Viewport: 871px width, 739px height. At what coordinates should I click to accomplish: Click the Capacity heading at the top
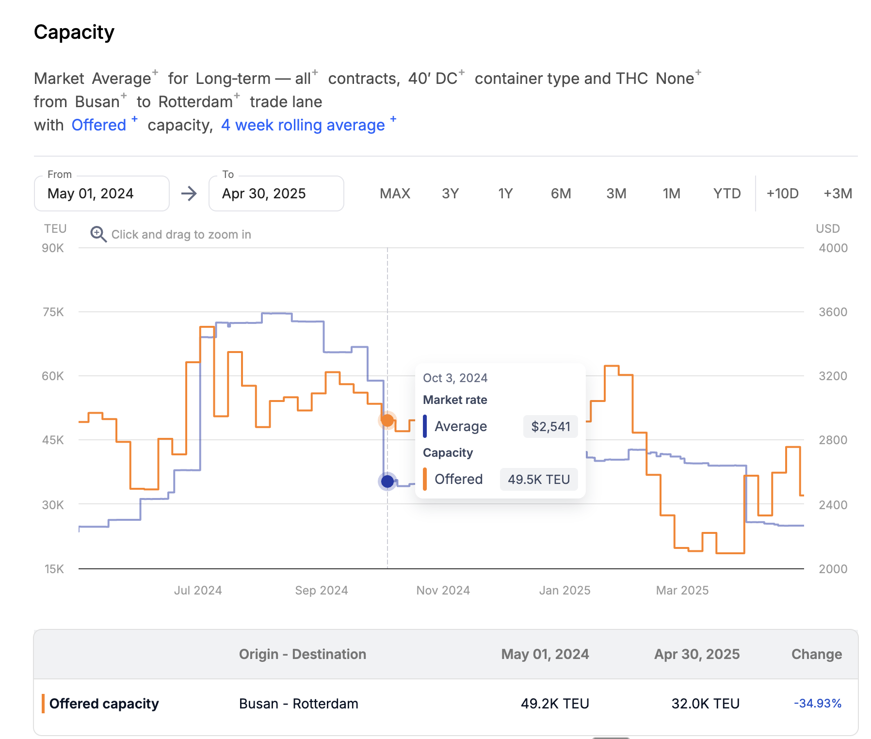click(74, 32)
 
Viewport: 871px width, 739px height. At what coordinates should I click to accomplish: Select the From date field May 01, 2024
click(101, 193)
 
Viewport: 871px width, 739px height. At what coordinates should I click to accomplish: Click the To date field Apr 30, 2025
click(276, 193)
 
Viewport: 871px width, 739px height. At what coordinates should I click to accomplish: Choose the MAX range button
click(395, 193)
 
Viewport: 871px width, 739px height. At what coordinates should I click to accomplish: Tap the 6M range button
click(561, 193)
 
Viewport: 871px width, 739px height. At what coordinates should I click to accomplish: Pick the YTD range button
click(726, 193)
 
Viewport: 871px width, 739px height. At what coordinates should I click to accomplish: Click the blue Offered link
click(99, 125)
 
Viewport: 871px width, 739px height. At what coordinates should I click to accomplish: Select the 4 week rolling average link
click(303, 125)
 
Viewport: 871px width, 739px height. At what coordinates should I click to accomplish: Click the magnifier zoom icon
click(98, 234)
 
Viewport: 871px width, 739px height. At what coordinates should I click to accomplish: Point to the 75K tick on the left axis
click(53, 312)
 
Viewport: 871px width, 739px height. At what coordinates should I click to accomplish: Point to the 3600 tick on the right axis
click(833, 312)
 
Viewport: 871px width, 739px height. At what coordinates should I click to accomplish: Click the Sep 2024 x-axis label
click(322, 590)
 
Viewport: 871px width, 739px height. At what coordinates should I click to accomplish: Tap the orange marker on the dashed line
click(387, 420)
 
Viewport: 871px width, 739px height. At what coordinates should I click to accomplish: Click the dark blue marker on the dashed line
click(387, 481)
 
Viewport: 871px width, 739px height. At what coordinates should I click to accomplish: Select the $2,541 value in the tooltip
click(550, 427)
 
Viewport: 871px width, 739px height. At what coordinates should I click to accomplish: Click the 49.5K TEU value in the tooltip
click(539, 480)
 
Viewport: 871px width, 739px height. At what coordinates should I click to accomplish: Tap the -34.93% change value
click(817, 703)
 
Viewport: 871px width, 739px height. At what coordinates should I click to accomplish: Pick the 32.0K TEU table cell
click(705, 703)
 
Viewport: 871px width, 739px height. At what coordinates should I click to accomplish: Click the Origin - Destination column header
click(302, 654)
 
